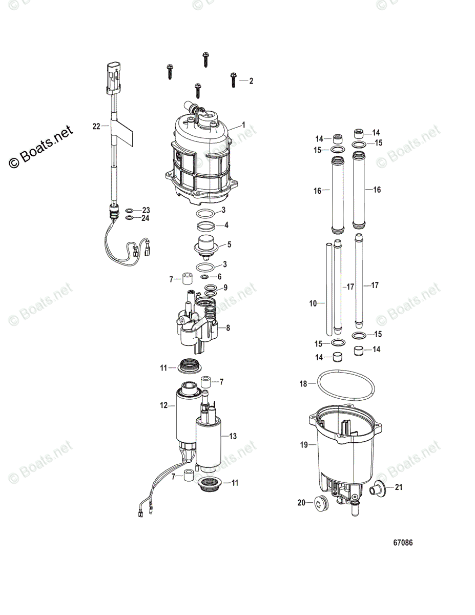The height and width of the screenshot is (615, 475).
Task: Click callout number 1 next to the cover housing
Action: point(244,125)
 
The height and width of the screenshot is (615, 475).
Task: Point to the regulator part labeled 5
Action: point(208,244)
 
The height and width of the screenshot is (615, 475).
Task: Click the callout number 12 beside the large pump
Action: point(164,405)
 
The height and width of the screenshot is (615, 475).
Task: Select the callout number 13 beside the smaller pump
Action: point(233,436)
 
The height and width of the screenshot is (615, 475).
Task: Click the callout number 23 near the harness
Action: point(146,210)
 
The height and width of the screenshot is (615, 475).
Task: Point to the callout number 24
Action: point(146,218)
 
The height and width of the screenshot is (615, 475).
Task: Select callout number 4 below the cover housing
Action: point(226,225)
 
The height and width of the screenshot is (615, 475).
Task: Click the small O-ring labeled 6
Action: point(205,277)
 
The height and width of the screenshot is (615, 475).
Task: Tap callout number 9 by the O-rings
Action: point(225,288)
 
